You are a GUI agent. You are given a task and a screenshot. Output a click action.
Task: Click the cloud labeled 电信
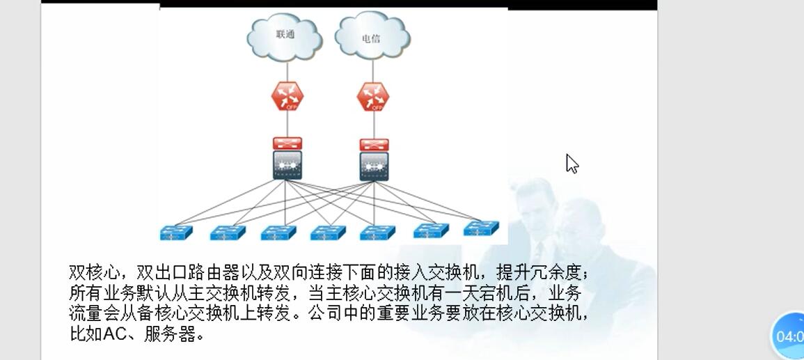click(372, 38)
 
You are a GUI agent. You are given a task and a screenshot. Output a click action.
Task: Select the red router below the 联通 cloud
click(287, 96)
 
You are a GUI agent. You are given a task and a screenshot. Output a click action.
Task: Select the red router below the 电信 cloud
click(373, 97)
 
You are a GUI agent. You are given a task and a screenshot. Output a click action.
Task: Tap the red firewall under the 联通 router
click(287, 143)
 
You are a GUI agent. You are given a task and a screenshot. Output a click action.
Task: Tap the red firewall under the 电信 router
click(374, 145)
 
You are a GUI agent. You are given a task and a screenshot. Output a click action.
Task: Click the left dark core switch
click(287, 165)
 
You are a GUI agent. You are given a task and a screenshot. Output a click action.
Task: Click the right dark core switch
click(374, 166)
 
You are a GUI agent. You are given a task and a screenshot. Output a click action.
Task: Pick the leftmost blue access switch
click(176, 233)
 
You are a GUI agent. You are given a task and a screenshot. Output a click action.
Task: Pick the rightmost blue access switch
click(481, 228)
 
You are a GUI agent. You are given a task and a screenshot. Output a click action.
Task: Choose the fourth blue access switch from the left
click(328, 233)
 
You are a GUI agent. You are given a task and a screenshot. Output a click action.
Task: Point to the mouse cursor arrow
click(572, 164)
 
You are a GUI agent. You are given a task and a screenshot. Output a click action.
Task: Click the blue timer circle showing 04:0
click(790, 336)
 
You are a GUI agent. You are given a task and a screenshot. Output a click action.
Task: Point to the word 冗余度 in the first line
click(559, 272)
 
